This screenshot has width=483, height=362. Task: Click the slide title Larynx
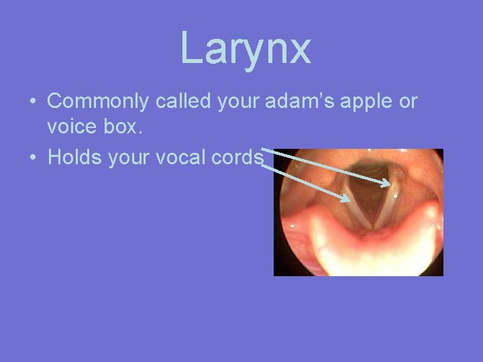[246, 48]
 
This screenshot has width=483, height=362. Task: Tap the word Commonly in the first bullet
[99, 101]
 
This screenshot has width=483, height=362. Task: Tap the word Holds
[74, 157]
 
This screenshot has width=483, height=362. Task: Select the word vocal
[182, 157]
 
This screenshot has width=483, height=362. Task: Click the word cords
[238, 157]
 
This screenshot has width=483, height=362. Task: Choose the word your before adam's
[238, 103]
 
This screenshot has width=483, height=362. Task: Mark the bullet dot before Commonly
[32, 102]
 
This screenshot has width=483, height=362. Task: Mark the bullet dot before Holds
[32, 158]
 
